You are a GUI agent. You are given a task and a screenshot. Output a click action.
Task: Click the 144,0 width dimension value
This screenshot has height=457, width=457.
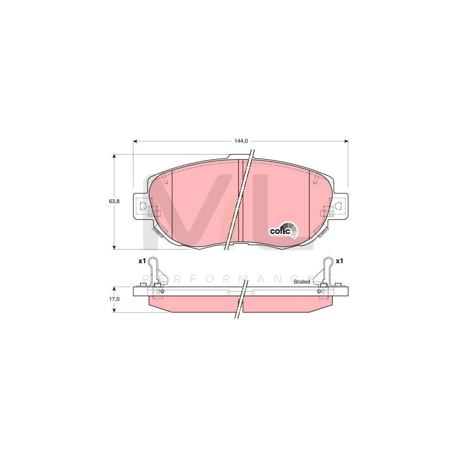(239, 141)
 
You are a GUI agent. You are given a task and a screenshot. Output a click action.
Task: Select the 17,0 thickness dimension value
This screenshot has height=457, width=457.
(114, 299)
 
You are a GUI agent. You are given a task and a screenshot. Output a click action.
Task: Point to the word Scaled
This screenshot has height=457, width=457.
(302, 282)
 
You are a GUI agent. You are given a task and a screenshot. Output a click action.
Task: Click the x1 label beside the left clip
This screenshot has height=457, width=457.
(142, 261)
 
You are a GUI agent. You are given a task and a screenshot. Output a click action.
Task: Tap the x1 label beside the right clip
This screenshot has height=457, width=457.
(339, 261)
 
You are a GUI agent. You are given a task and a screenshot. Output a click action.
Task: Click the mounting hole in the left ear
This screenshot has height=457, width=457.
(142, 206)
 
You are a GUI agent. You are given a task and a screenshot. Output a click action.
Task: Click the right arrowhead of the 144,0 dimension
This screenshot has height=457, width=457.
(346, 141)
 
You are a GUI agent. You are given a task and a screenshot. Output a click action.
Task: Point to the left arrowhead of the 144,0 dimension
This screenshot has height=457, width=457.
(135, 141)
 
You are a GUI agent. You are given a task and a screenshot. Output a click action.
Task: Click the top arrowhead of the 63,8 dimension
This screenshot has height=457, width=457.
(114, 156)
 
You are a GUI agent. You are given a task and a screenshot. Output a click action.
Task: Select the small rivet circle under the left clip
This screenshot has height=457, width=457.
(158, 291)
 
